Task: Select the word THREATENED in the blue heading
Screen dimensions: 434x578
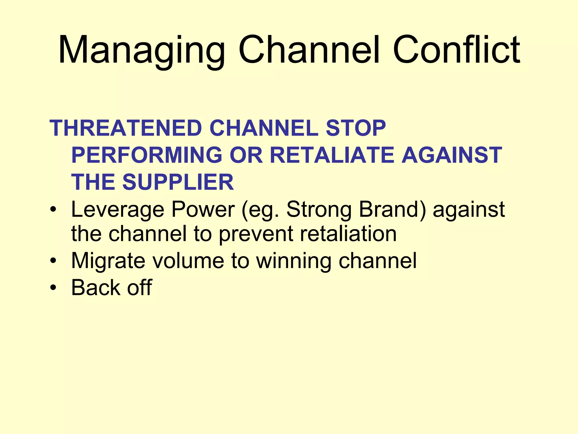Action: click(126, 128)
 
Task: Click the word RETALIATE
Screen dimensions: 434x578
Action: click(332, 155)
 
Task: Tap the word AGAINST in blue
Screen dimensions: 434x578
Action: click(452, 155)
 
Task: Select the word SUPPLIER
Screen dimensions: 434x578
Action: click(178, 182)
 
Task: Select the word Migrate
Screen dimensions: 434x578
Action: click(108, 261)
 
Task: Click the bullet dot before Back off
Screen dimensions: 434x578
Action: click(53, 288)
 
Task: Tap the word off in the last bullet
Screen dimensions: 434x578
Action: click(139, 287)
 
